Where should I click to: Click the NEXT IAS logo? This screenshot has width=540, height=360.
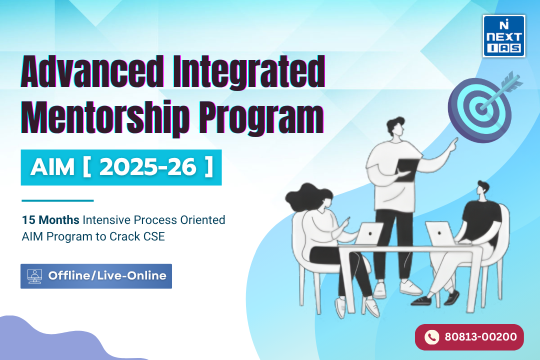click(x=503, y=35)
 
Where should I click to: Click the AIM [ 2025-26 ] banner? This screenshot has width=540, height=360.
click(x=121, y=167)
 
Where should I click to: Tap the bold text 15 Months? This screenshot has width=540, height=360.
click(x=50, y=220)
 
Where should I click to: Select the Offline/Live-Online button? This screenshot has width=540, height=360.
click(x=96, y=276)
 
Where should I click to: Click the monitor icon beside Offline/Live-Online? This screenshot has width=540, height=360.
click(x=35, y=276)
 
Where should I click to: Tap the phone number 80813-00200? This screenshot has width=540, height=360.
click(x=480, y=337)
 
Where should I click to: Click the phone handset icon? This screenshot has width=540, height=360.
click(x=431, y=337)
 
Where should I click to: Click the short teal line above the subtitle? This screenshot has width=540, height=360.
click(x=57, y=201)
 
